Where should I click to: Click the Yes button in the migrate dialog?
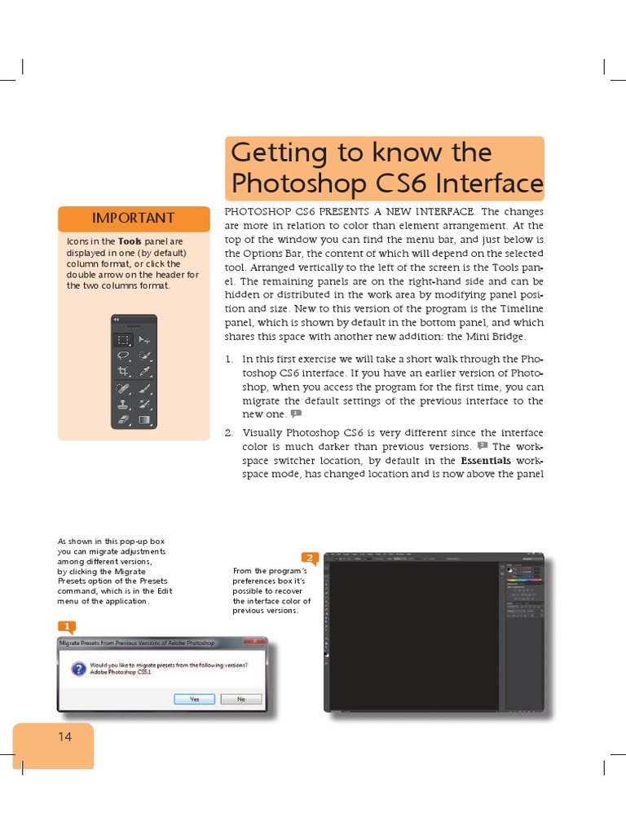point(195,699)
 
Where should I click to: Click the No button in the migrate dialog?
point(241,699)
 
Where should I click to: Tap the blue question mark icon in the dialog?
point(78,669)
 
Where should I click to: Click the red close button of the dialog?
point(258,642)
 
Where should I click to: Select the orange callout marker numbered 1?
point(66,626)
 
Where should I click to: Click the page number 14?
point(64,736)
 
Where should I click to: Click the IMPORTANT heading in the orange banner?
point(133,218)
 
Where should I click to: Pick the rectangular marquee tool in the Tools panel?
point(123,340)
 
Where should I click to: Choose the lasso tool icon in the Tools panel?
point(123,356)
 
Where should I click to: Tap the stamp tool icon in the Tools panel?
point(123,404)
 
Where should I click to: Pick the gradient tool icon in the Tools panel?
point(144,420)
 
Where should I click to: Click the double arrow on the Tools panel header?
point(116,319)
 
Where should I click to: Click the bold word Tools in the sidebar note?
point(130,242)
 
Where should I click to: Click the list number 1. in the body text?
point(229,359)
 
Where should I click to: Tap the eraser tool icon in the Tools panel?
point(123,420)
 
